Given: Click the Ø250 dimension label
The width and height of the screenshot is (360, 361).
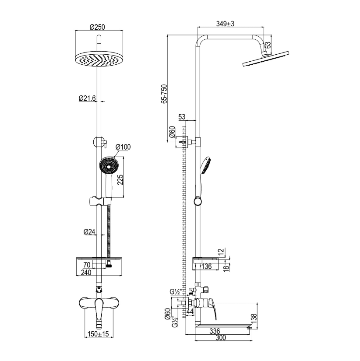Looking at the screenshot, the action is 97,27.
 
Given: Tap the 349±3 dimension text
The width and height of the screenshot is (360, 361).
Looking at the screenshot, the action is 225,24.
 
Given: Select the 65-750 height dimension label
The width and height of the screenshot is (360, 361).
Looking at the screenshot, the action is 164,94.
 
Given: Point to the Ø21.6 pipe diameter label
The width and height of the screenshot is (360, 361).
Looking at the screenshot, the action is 87,98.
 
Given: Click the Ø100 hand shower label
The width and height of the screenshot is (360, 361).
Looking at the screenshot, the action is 123,147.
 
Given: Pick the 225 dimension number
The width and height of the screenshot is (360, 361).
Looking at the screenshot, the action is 120,179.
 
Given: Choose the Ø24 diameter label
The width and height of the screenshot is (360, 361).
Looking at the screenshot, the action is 89,231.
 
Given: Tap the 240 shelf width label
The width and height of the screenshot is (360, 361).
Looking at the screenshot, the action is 86,273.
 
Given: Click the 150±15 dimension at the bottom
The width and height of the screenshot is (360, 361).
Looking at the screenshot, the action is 98,334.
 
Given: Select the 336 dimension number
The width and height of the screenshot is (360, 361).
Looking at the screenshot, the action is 215,331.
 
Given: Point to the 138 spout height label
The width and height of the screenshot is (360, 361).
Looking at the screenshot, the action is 254,319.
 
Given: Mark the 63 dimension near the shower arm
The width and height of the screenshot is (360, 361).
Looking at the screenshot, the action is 268,45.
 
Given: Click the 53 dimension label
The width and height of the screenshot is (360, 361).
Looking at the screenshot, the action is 182,117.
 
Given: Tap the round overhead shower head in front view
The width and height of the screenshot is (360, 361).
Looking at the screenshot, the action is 99,59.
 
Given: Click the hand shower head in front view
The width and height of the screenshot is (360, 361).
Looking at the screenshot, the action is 109,165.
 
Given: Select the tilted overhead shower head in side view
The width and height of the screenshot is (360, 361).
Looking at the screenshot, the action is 265,59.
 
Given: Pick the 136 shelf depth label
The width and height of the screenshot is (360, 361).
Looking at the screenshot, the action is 206,266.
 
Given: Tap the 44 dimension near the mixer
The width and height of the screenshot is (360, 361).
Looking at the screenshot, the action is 190,312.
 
